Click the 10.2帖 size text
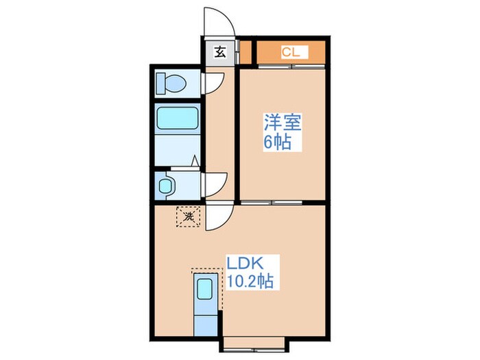pyautogui.click(x=252, y=280)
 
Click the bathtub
pyautogui.click(x=178, y=119)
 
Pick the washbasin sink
pyautogui.click(x=165, y=184)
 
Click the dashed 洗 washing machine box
pyautogui.click(x=188, y=217)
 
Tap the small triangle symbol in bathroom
pyautogui.click(x=195, y=162)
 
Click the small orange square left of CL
pyautogui.click(x=246, y=51)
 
